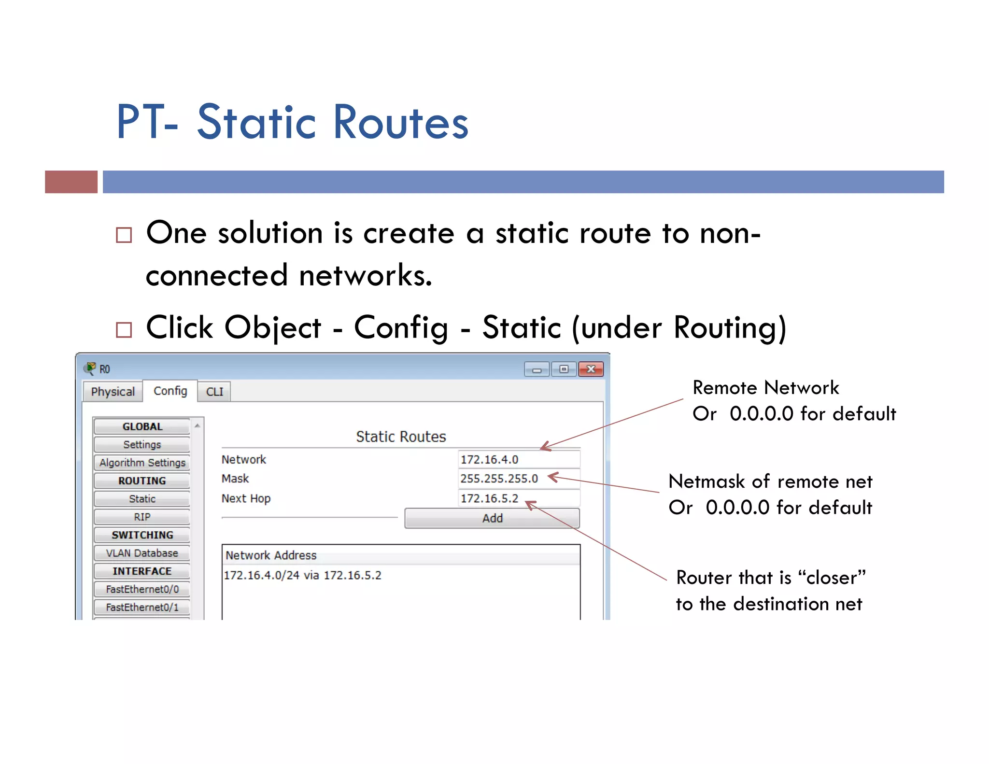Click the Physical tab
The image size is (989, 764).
click(113, 391)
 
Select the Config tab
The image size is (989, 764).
click(170, 391)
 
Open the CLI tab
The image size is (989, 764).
click(214, 391)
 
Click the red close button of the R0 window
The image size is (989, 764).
click(591, 369)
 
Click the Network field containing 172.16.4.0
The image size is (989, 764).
click(518, 459)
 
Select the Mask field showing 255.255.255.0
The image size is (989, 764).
click(518, 479)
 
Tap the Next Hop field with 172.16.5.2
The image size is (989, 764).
click(518, 498)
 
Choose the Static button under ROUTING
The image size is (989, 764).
click(142, 499)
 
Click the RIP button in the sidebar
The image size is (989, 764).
click(142, 517)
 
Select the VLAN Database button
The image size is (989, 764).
click(142, 553)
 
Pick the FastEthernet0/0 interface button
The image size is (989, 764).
click(142, 589)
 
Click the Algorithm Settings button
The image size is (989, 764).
click(142, 463)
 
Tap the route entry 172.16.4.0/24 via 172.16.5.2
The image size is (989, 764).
click(303, 575)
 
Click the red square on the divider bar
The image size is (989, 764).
click(71, 182)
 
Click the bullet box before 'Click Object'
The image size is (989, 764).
click(124, 330)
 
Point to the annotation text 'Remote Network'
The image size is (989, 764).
click(765, 388)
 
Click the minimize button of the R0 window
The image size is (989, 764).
click(537, 369)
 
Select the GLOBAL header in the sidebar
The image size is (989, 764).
click(142, 426)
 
